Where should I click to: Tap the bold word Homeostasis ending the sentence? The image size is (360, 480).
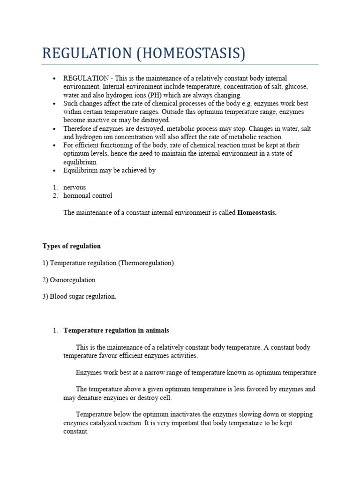[x=257, y=212]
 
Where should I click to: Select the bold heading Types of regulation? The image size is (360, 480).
[x=71, y=246]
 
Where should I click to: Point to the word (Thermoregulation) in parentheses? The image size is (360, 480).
[x=146, y=263]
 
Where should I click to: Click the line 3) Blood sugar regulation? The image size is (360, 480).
[x=79, y=297]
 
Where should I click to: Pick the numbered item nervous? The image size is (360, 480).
[x=75, y=187]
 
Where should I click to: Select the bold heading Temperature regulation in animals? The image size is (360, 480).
[x=116, y=330]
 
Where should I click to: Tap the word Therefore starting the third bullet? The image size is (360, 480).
[x=79, y=128]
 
